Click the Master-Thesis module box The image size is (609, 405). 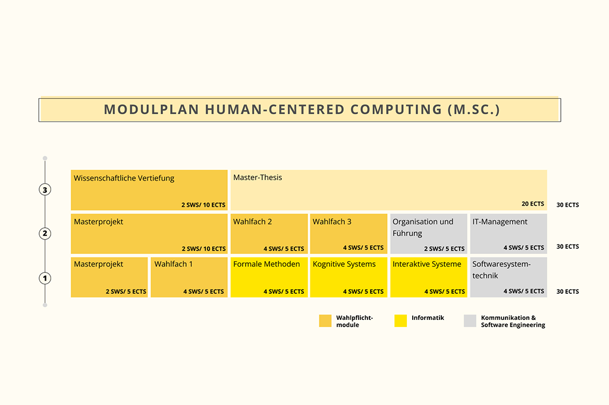[x=388, y=190]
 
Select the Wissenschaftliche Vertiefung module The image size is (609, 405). [x=149, y=190]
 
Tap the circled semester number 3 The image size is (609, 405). [x=45, y=190]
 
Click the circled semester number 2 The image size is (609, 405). [x=45, y=233]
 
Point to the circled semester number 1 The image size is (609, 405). [x=45, y=278]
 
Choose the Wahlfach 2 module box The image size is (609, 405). [x=269, y=234]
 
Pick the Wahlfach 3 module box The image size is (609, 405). [x=349, y=234]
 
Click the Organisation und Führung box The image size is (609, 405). [x=428, y=234]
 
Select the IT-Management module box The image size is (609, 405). [x=508, y=234]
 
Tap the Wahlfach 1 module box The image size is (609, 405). [x=189, y=277]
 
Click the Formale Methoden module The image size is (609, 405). [x=269, y=277]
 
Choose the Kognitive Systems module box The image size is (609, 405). [x=349, y=277]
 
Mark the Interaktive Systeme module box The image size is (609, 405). [x=428, y=277]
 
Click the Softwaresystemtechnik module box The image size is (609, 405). [x=508, y=277]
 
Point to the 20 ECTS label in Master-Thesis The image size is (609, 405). [x=532, y=204]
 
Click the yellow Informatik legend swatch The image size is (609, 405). [x=400, y=321]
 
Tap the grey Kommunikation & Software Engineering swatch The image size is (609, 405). [x=470, y=321]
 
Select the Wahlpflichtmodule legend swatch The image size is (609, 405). [x=325, y=321]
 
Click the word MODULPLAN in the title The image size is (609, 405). [x=151, y=109]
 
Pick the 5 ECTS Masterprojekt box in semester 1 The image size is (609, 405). [x=109, y=277]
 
